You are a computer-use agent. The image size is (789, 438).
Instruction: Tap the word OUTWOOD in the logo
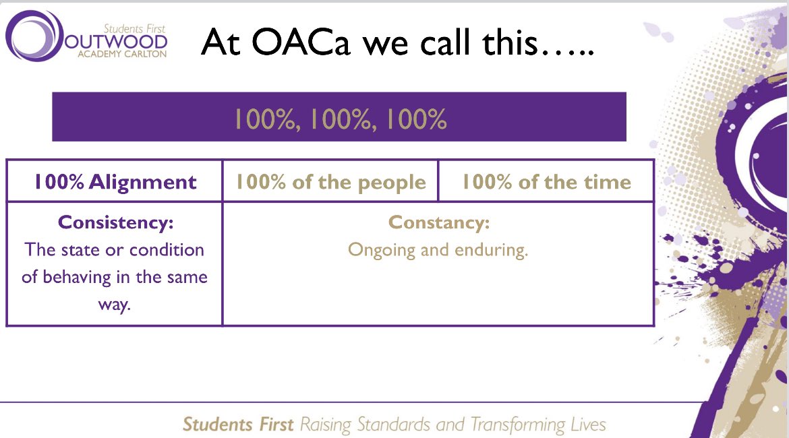(x=116, y=42)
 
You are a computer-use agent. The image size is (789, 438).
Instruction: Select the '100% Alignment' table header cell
(x=115, y=182)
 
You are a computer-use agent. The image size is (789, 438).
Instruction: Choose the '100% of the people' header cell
(x=330, y=182)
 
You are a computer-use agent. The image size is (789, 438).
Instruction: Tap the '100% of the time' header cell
(x=546, y=182)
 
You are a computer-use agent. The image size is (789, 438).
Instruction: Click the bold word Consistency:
(x=115, y=222)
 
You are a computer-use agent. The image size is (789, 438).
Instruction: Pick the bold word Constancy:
(x=438, y=222)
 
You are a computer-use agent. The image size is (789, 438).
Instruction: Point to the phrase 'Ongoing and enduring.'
(x=438, y=250)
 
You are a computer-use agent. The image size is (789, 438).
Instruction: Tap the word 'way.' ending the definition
(x=115, y=304)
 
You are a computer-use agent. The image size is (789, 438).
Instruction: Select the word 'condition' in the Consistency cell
(x=167, y=250)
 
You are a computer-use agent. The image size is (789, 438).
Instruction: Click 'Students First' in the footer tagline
(x=238, y=425)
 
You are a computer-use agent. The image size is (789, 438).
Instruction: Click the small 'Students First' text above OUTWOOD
(x=134, y=28)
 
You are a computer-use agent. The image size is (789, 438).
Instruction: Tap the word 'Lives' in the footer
(x=588, y=425)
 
